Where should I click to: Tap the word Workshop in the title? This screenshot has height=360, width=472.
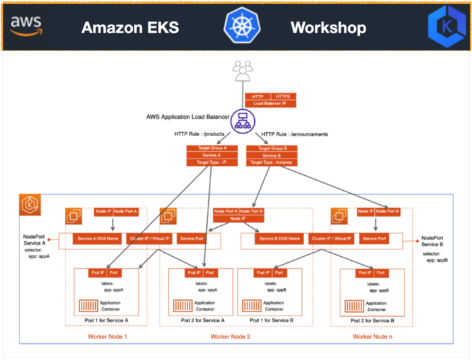click(x=328, y=27)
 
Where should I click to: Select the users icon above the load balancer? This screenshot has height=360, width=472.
click(x=241, y=69)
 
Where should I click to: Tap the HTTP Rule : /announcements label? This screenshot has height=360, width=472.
click(x=295, y=134)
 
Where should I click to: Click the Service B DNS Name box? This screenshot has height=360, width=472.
click(x=277, y=239)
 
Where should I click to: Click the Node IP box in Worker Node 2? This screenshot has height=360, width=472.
click(x=238, y=218)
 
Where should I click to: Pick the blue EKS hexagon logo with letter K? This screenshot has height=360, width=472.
click(x=446, y=28)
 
